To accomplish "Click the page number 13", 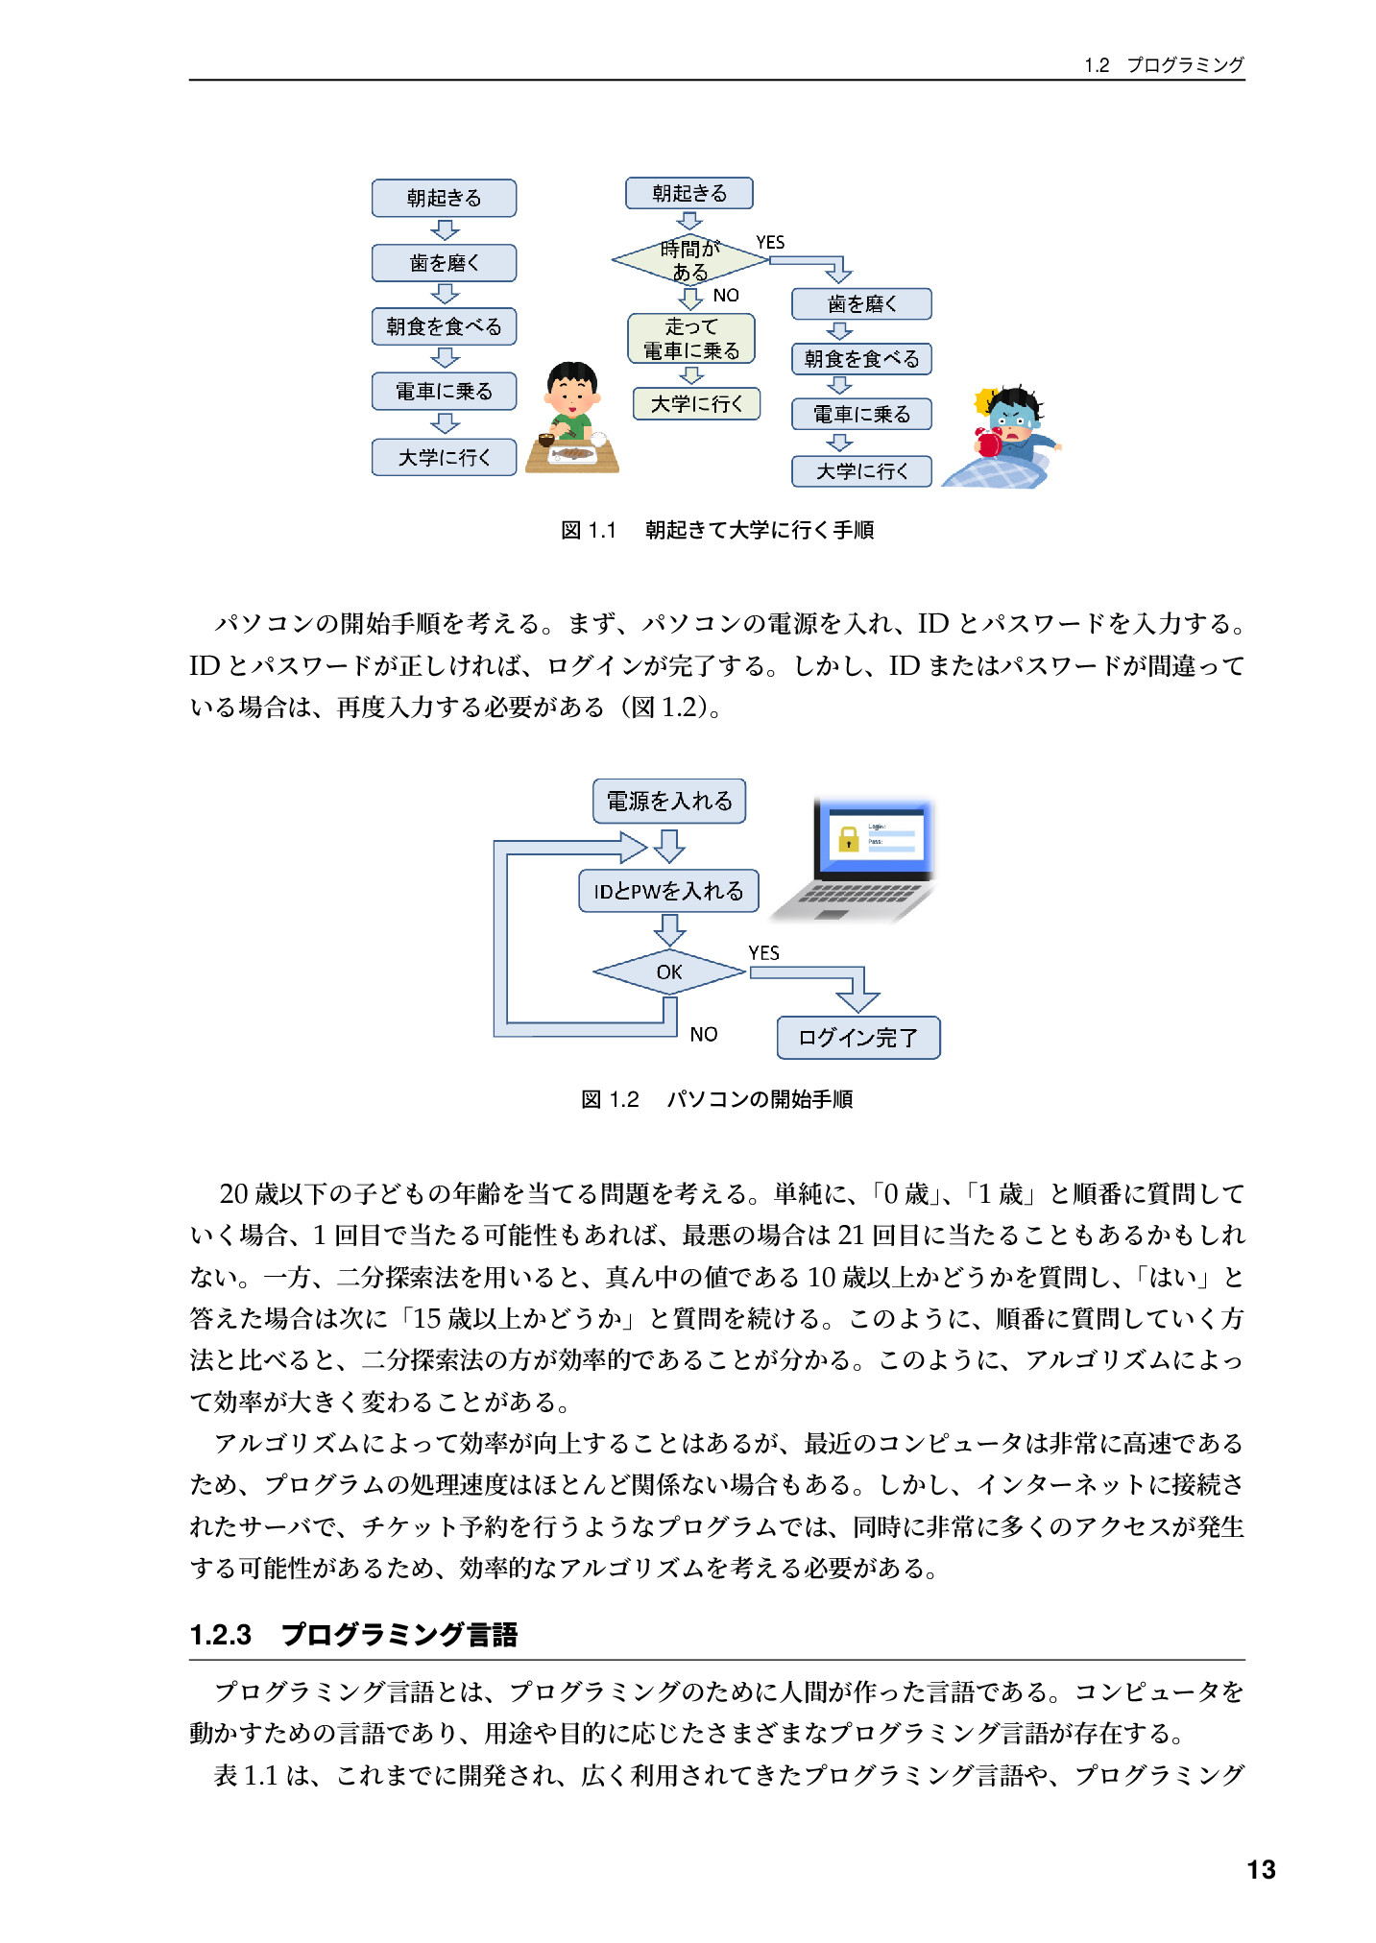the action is [1261, 1869].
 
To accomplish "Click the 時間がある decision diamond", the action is [690, 259].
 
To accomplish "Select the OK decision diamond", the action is [669, 971].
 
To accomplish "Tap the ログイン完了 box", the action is [858, 1038].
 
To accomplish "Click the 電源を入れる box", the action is [669, 801].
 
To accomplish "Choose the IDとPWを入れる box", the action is [668, 891].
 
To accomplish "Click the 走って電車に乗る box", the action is [691, 339].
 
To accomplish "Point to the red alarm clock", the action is [989, 442].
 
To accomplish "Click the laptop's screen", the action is [875, 837].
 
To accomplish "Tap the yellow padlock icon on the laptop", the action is [848, 839].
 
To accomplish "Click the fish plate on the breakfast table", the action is [574, 454].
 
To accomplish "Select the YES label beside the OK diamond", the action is [764, 952].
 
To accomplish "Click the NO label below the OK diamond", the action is [704, 1034].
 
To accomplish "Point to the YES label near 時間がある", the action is [770, 243].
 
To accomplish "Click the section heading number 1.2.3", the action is [221, 1635].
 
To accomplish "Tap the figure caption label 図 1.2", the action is [610, 1099].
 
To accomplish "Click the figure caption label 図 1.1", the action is [589, 530].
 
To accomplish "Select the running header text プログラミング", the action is [1185, 64].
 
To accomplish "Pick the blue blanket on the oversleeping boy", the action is [996, 469].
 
